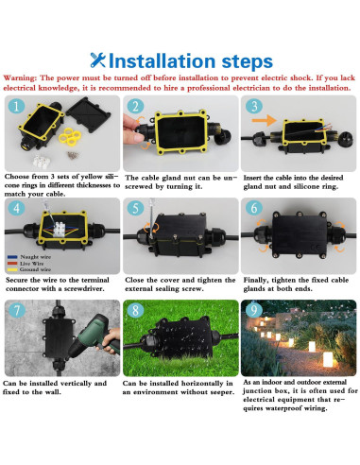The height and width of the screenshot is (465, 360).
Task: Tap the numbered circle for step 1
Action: pos(17,108)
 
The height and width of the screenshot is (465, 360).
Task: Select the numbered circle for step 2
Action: pos(136,108)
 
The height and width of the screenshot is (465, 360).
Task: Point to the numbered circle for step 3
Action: pos(254,107)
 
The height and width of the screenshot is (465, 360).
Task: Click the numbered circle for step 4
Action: pos(17,209)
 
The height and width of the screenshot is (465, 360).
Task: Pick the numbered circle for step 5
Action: pos(136,209)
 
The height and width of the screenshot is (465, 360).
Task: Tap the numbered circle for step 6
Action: pos(254,209)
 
